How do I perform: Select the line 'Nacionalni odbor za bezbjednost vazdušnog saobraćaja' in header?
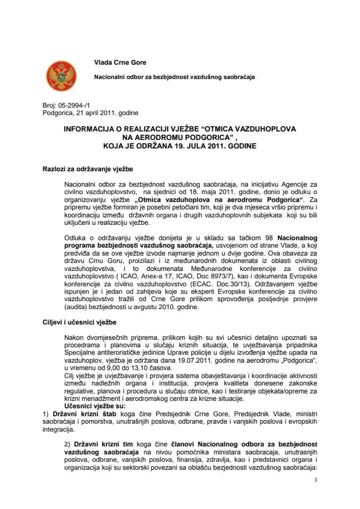pos(174,77)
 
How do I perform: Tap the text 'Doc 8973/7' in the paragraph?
pos(239,283)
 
